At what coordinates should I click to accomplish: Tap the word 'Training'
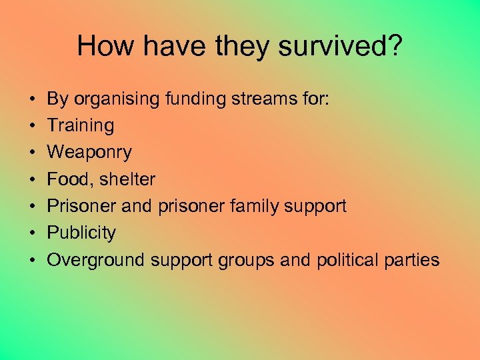80,125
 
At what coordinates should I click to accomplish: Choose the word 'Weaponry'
89,153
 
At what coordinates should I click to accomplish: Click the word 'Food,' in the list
70,179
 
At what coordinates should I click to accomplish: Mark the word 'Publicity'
81,233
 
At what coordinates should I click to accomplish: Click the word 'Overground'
96,259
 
